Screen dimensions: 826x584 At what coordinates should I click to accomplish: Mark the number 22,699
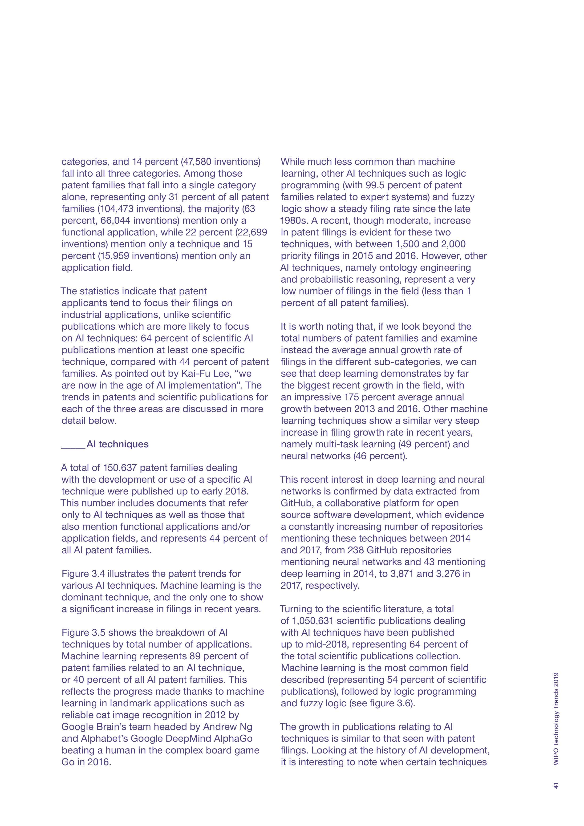pyautogui.click(x=251, y=232)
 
